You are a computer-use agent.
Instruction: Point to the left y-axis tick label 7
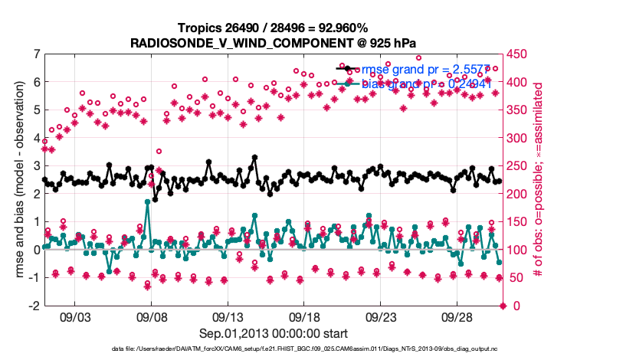click(x=36, y=54)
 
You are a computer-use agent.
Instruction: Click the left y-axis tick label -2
click(x=34, y=306)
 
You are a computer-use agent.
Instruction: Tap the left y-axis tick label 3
click(x=36, y=165)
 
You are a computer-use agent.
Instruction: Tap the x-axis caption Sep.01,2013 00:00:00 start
click(x=273, y=334)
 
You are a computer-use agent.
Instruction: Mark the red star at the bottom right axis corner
click(x=503, y=306)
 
